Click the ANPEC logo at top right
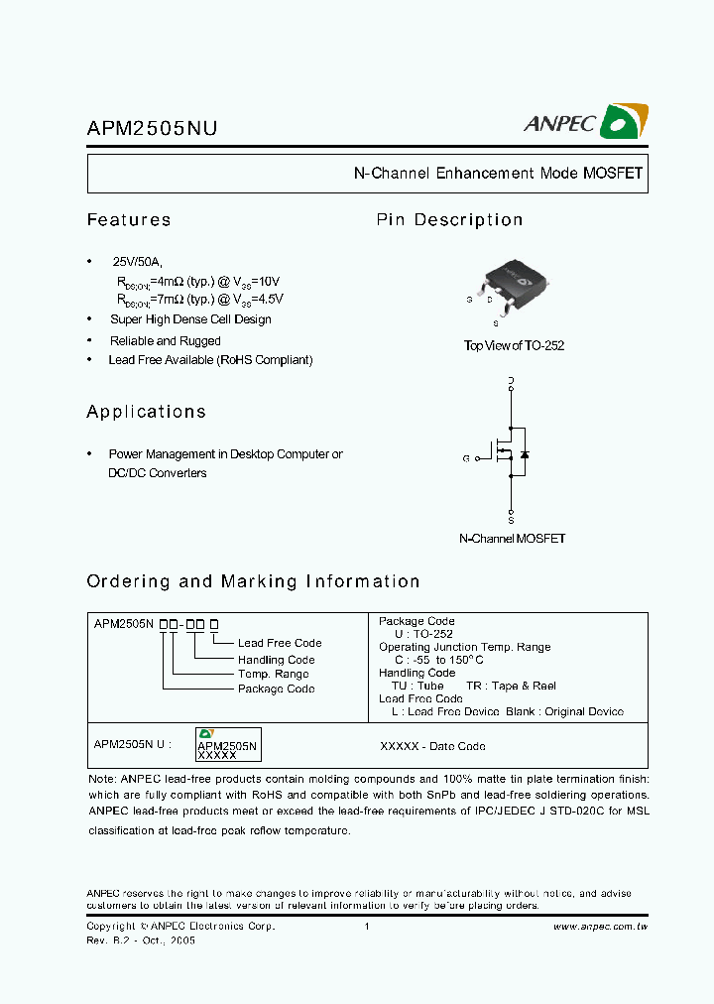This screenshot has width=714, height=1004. click(585, 121)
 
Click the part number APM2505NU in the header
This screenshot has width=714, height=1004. click(152, 128)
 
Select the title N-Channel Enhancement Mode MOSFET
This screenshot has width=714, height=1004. click(498, 173)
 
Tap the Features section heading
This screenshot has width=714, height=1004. click(129, 220)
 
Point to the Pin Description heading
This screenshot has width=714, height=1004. click(449, 220)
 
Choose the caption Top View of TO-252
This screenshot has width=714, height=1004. click(514, 345)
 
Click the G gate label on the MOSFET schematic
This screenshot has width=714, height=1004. click(465, 458)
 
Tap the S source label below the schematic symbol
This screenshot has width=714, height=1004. click(511, 520)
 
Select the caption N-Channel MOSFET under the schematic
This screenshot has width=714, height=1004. click(512, 539)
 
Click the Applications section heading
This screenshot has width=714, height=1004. click(146, 412)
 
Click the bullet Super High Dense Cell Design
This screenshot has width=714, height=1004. click(190, 319)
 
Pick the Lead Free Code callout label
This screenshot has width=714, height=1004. click(280, 643)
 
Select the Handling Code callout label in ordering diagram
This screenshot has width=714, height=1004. click(276, 660)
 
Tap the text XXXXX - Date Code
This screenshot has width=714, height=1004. click(432, 746)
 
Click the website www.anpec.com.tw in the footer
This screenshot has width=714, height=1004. click(600, 927)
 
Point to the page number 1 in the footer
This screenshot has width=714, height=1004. click(367, 927)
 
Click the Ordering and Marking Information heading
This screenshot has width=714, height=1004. click(253, 581)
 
